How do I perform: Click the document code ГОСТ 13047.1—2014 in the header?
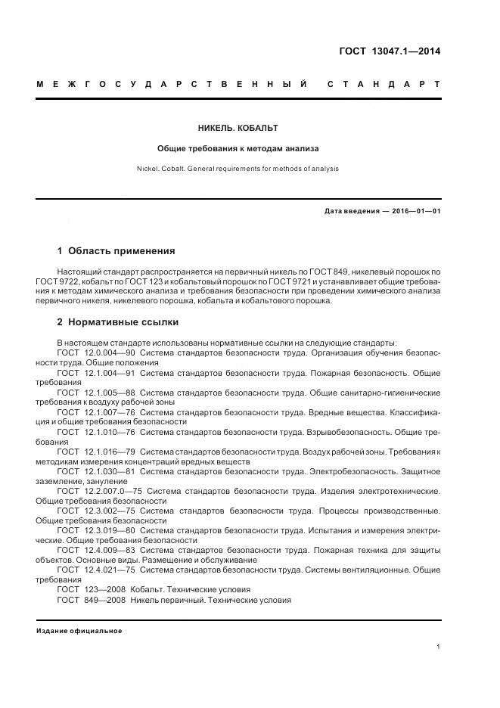pos(389,52)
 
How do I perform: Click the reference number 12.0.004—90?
pos(109,352)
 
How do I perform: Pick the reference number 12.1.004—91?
pos(109,373)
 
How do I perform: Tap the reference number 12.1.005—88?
pos(109,393)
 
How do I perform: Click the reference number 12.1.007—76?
pos(109,412)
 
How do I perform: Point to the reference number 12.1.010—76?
pos(109,432)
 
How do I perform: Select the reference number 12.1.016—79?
pos(108,452)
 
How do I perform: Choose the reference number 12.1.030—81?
pos(109,471)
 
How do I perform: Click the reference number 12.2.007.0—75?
pos(112,491)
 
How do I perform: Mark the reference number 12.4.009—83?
pos(109,550)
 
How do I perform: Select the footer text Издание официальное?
pos(79,631)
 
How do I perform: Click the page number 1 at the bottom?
pos(438,647)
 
